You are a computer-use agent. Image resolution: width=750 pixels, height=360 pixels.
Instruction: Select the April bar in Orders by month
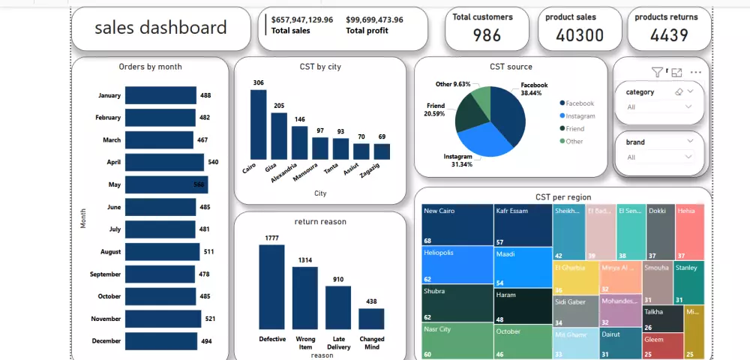(x=164, y=162)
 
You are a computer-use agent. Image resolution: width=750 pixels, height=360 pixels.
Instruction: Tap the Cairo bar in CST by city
(x=258, y=124)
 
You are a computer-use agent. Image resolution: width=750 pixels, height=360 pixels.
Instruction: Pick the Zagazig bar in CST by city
(x=382, y=151)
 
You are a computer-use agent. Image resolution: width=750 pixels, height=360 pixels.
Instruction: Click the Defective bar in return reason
(x=271, y=287)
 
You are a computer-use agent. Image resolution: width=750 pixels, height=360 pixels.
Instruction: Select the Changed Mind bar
(x=371, y=319)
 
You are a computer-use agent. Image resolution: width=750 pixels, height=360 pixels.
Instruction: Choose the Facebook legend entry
(x=579, y=103)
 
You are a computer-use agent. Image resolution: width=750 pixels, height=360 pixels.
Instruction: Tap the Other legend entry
(x=574, y=141)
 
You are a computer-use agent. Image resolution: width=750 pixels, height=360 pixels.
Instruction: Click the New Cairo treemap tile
(x=456, y=224)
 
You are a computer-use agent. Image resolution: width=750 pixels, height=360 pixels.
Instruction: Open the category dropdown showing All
(x=658, y=106)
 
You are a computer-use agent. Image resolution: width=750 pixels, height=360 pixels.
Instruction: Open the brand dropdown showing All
(x=658, y=157)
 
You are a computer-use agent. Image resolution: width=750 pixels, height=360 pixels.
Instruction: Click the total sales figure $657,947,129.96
(x=302, y=19)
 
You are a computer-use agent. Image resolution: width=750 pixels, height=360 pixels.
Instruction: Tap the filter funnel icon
(x=657, y=73)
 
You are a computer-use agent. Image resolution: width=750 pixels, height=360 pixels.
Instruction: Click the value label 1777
(x=271, y=238)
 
